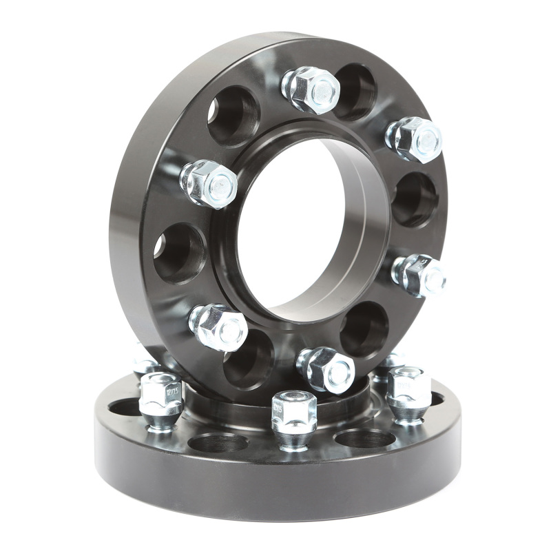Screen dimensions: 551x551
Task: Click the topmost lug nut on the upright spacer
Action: coord(311,89)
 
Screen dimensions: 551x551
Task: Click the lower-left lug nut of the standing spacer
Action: coord(218,326)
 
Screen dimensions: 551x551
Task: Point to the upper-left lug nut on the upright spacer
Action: coord(209,183)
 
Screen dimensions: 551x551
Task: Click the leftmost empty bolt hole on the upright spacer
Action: coord(179,252)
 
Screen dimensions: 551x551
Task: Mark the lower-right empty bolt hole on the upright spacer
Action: coord(364,329)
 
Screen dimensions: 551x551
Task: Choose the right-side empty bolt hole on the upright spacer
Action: coord(415,199)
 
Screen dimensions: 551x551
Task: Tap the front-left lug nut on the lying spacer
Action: coord(160,400)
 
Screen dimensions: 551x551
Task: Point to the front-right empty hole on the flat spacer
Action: coord(364,438)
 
